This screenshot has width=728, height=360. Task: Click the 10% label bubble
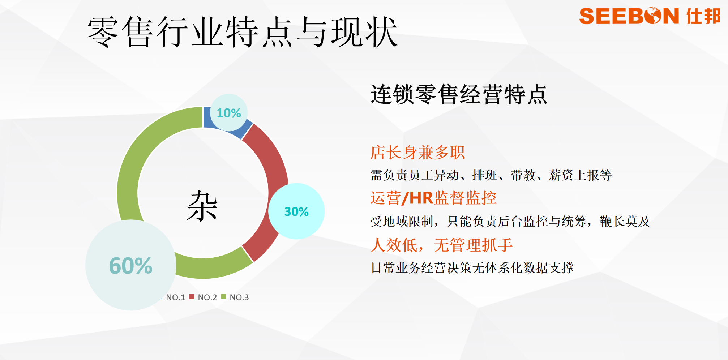[x=228, y=113]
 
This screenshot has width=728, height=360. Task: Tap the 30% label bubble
[x=296, y=211]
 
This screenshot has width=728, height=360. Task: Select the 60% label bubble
[x=131, y=265]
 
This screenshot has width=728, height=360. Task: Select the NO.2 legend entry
[x=203, y=297]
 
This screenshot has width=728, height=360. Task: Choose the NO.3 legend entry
[x=235, y=297]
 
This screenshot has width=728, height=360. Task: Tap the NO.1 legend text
[x=175, y=297]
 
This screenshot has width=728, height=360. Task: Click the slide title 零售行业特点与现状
[x=242, y=32]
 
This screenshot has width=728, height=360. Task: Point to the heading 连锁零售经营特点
[x=459, y=94]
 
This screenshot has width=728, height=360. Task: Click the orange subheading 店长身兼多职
[x=417, y=152]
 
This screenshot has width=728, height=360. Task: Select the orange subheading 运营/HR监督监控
[x=433, y=198]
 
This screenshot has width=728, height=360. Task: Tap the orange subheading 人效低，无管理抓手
[x=441, y=245]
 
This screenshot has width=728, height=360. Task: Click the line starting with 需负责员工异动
[x=491, y=175]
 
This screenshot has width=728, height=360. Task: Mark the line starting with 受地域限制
[x=510, y=221]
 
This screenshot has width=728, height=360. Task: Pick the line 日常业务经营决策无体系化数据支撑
[x=472, y=267]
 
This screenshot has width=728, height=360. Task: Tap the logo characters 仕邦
[x=703, y=16]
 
